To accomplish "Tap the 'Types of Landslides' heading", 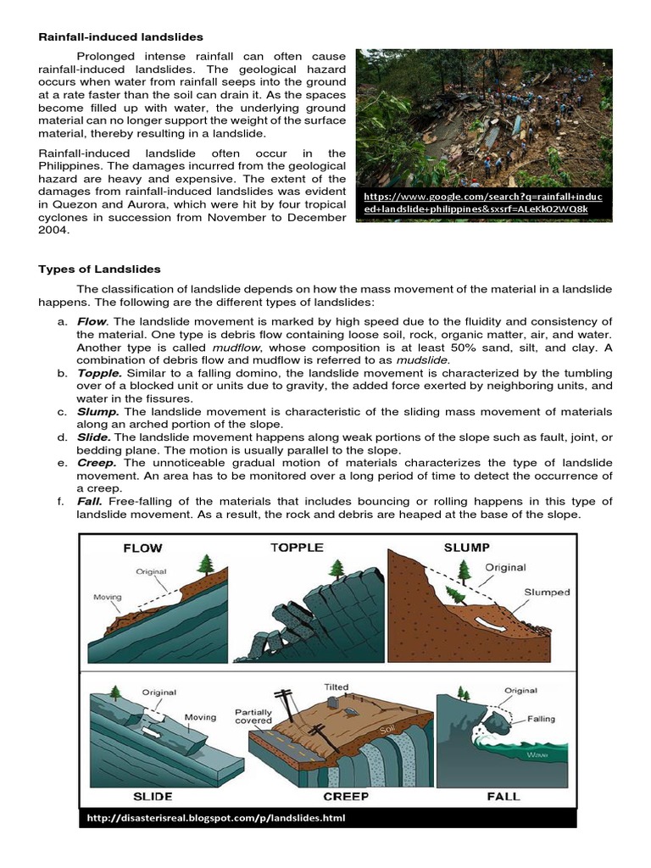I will (x=99, y=269).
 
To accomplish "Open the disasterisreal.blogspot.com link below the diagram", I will (x=216, y=818).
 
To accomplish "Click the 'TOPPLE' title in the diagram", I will (x=297, y=548).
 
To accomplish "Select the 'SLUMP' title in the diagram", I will (x=467, y=548).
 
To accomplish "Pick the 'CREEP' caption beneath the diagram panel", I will (x=346, y=796).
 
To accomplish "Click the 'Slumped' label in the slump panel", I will (x=546, y=593).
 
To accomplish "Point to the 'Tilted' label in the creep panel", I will (x=336, y=687).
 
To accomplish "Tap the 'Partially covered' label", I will (x=253, y=715).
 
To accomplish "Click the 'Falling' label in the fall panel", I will (x=541, y=719).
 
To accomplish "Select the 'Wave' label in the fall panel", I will (x=537, y=754).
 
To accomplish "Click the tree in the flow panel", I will (x=205, y=564).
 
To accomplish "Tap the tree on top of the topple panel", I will (x=339, y=568).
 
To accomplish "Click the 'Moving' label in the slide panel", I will (x=201, y=717).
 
